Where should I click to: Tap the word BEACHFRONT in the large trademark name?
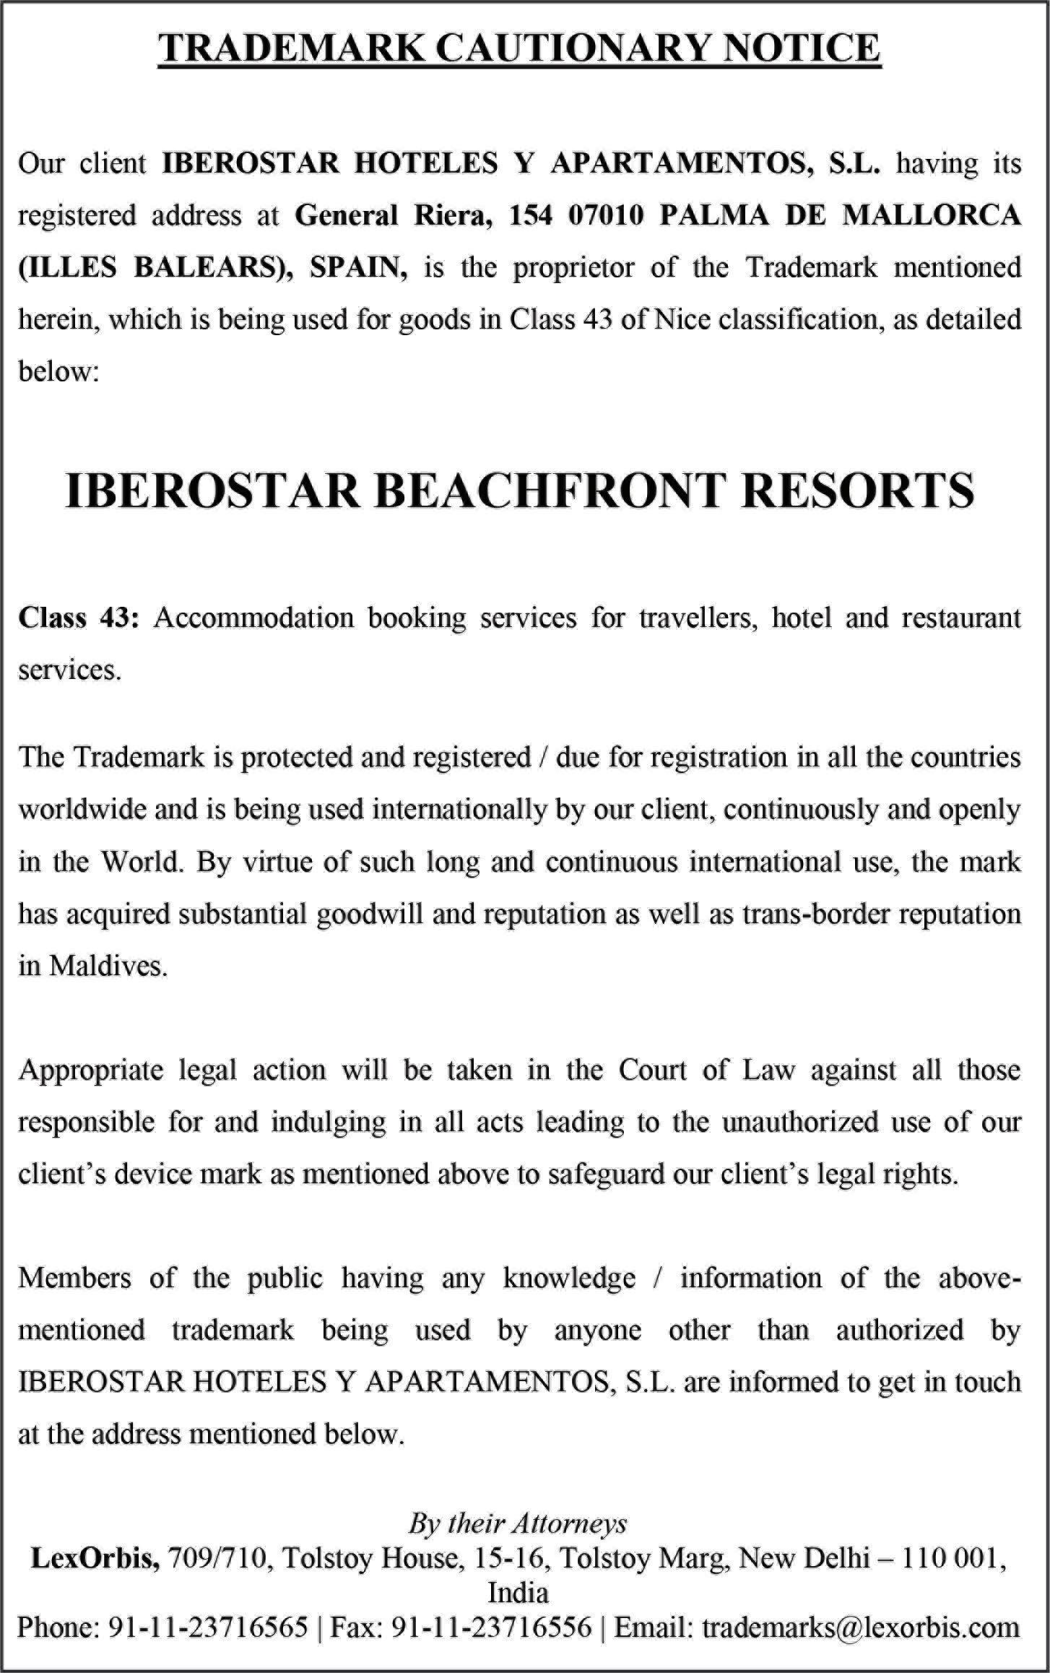(x=549, y=490)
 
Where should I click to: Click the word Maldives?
(x=108, y=966)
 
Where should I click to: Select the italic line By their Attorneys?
(x=518, y=1523)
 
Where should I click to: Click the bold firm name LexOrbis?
(x=95, y=1558)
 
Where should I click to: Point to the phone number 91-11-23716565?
(x=208, y=1627)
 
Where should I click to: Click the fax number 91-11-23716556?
(x=491, y=1627)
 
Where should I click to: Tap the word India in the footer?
(x=518, y=1593)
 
